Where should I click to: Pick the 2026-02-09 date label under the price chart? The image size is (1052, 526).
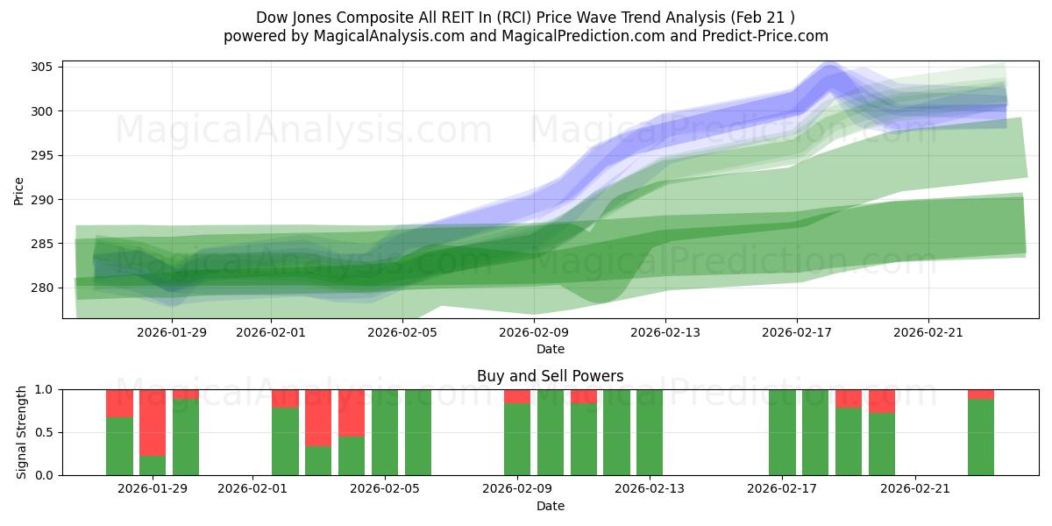click(534, 331)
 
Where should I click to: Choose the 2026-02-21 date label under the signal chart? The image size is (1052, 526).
click(915, 488)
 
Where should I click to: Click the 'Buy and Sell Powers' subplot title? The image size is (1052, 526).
click(551, 376)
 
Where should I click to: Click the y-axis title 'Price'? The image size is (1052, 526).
click(19, 190)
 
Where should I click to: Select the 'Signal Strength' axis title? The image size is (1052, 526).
click(22, 432)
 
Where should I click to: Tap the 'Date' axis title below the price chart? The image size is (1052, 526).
click(551, 349)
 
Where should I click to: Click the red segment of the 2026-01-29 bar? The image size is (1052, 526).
click(153, 422)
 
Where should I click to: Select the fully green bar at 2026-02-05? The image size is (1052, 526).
click(385, 432)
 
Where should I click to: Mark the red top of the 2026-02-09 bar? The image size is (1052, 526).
click(517, 396)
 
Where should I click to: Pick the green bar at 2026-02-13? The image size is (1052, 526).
click(650, 432)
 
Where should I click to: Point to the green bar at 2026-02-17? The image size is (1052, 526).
click(782, 432)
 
